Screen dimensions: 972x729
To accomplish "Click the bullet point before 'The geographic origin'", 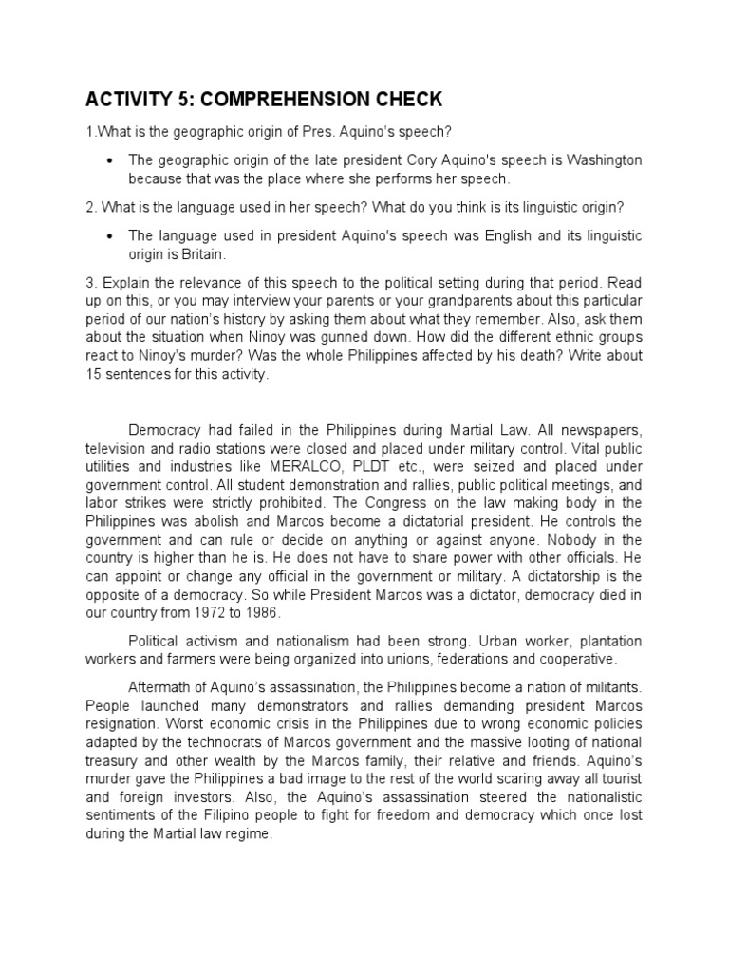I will [112, 160].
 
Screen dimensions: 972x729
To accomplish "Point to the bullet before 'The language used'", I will [112, 235].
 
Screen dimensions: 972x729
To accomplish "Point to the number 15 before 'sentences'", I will [95, 374].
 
